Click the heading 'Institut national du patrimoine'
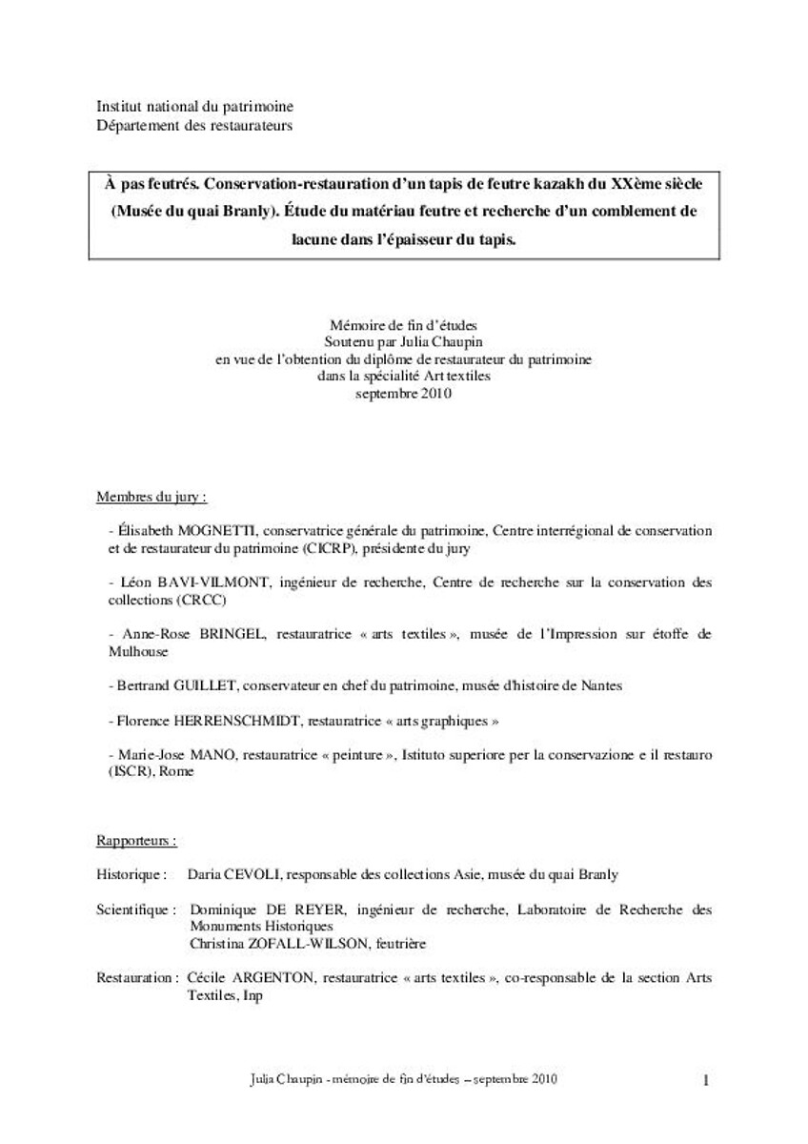click(x=194, y=107)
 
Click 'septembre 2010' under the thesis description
click(x=403, y=392)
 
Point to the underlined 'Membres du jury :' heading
click(x=152, y=497)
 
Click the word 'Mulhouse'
click(x=138, y=651)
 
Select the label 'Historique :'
click(x=132, y=873)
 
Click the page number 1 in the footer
click(x=706, y=1080)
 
